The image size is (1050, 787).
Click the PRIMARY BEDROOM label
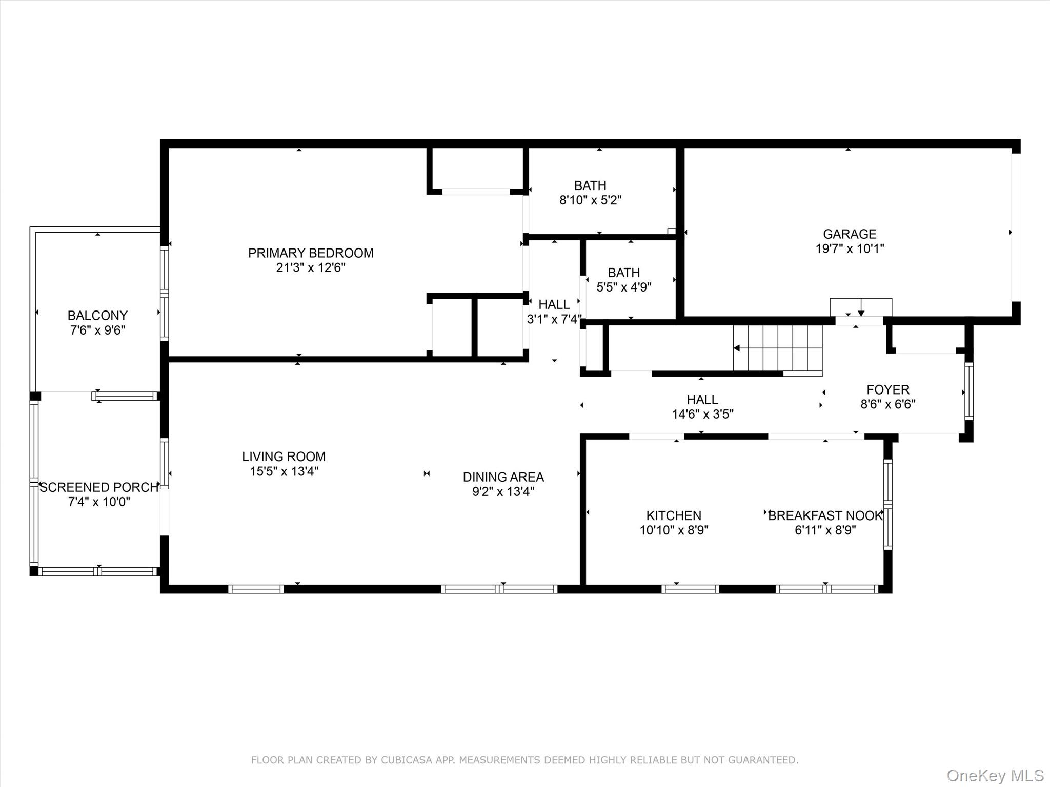coord(311,253)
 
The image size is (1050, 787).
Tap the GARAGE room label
coord(850,234)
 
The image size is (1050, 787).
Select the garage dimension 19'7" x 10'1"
coord(850,248)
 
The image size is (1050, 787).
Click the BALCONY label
coord(97,316)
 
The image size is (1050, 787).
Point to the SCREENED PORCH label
coord(99,487)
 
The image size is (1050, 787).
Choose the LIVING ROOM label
coord(284,457)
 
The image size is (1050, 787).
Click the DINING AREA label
coord(503,477)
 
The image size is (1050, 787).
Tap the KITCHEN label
coord(674,515)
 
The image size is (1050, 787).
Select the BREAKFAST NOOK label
coord(825,515)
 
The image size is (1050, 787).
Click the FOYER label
coord(888,390)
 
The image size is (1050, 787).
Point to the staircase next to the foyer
coord(778,348)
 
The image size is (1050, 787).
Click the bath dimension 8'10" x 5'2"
coord(590,200)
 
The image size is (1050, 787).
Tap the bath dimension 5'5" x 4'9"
coord(624,287)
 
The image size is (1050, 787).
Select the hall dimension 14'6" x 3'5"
coord(702,414)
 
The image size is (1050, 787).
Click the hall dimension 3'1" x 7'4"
coord(554,319)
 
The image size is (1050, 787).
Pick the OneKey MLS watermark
coord(995,776)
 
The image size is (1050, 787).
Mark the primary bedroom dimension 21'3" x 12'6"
coord(311,267)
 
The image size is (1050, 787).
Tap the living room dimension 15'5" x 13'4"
coord(284,471)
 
